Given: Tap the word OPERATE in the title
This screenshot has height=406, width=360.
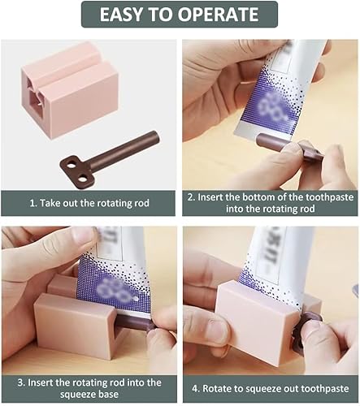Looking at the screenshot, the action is click(x=218, y=14).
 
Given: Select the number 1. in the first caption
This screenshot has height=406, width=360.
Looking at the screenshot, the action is click(x=33, y=203).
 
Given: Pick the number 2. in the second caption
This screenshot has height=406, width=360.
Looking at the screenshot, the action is click(x=191, y=197).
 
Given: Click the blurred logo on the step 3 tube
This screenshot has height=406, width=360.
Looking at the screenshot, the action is click(x=111, y=290).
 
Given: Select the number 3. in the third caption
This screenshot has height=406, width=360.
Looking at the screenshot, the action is click(x=21, y=382).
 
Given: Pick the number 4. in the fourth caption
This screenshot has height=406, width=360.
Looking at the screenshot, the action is click(x=196, y=389).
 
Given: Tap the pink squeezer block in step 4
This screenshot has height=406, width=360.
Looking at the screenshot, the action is click(x=259, y=323).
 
